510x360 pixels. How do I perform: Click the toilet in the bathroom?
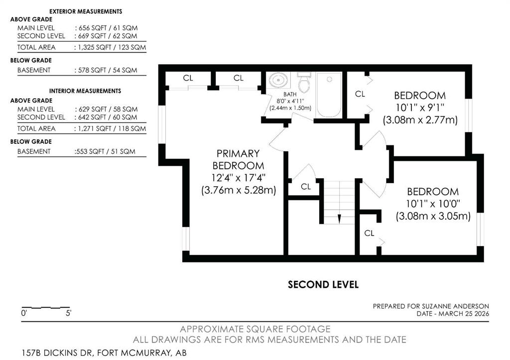pos(304,82)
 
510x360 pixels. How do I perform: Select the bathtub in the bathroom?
pos(329,95)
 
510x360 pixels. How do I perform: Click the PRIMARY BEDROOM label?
pos(239,159)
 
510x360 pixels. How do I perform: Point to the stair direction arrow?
pos(339,219)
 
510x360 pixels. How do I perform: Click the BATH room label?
pos(290,94)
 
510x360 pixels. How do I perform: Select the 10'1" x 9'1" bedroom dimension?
pos(420,108)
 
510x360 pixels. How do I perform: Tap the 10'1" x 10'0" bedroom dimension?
pos(433,204)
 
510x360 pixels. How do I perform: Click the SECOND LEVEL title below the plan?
pos(323,285)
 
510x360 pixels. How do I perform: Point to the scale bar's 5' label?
pos(68,313)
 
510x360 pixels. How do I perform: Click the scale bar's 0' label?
pos(24,313)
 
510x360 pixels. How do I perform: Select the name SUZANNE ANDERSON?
pos(455,306)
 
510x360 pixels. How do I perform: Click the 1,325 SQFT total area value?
pos(92,47)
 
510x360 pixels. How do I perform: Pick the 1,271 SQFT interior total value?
pos(92,129)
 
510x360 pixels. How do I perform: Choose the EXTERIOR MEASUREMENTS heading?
pos(86,11)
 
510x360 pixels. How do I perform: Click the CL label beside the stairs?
pos(306,187)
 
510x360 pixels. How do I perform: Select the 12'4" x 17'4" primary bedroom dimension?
pos(239,178)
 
